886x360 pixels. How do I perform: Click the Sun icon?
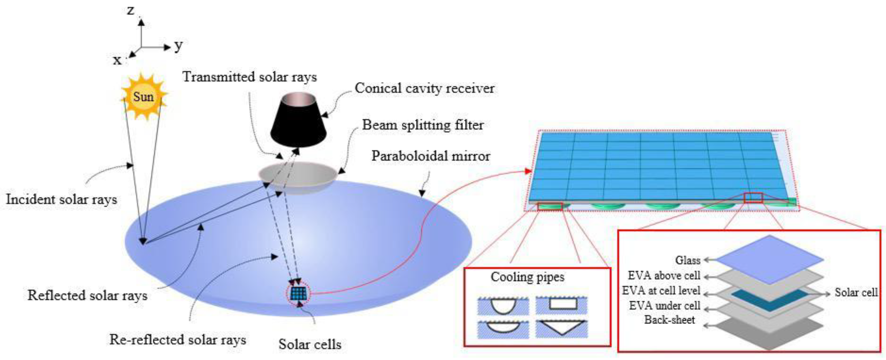144,97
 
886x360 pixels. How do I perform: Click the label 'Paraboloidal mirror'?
431,156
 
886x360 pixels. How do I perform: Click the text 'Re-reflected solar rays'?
178,340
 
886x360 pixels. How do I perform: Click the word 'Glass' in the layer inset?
688,260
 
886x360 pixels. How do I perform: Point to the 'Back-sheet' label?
669,320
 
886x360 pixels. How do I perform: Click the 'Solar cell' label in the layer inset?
856,293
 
